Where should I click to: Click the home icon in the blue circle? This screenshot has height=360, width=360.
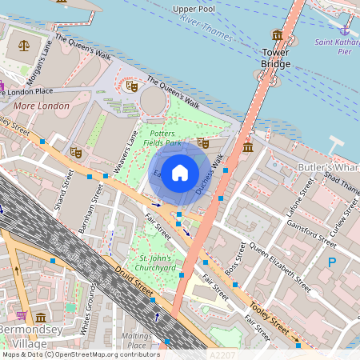pos(180,173)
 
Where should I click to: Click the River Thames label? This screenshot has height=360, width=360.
pos(206,26)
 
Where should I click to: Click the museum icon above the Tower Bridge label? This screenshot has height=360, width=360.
pos(277,35)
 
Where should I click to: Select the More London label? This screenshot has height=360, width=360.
pos(38,105)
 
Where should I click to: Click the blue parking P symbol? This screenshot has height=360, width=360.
pos(332,262)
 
